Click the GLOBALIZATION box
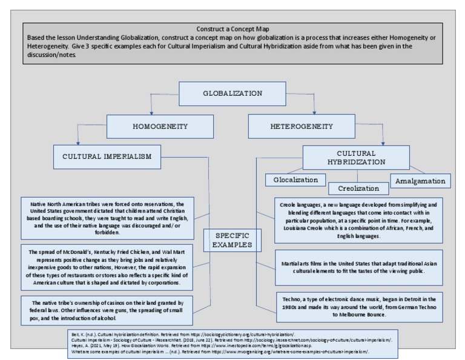pyautogui.click(x=232, y=94)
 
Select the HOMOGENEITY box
pyautogui.click(x=151, y=127)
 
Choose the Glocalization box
pyautogui.click(x=295, y=180)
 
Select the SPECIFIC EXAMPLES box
pyautogui.click(x=232, y=240)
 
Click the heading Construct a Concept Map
pyautogui.click(x=232, y=29)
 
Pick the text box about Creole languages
pyautogui.click(x=359, y=219)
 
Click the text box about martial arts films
pyautogui.click(x=359, y=267)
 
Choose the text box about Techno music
pyautogui.click(x=359, y=307)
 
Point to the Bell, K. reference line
pyautogui.click(x=182, y=334)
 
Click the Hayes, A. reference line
pyautogui.click(x=182, y=345)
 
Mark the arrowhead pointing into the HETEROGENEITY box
pyautogui.click(x=315, y=113)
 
